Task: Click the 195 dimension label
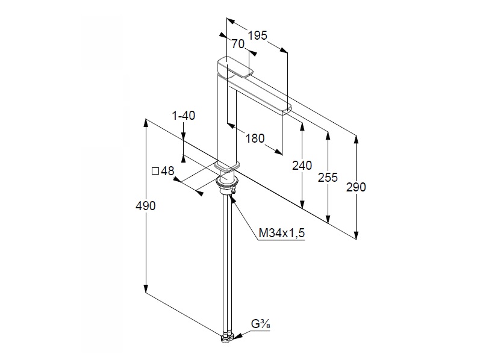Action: pyautogui.click(x=257, y=36)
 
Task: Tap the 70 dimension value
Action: pyautogui.click(x=238, y=44)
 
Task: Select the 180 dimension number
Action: pyautogui.click(x=255, y=138)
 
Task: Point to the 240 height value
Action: pyautogui.click(x=302, y=166)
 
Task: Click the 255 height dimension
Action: pyautogui.click(x=328, y=178)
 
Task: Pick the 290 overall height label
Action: pyautogui.click(x=356, y=187)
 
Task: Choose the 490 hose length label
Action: pyautogui.click(x=145, y=206)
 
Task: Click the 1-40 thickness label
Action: pyautogui.click(x=183, y=116)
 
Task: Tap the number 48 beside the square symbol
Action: pyautogui.click(x=167, y=171)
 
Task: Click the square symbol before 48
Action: pyautogui.click(x=155, y=171)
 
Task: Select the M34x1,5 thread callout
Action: pyautogui.click(x=282, y=233)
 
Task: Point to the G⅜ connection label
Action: pyautogui.click(x=261, y=324)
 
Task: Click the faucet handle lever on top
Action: pyautogui.click(x=235, y=67)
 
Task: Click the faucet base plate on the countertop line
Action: pyautogui.click(x=227, y=166)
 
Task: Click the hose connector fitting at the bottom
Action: pyautogui.click(x=228, y=338)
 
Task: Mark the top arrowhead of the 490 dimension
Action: pyautogui.click(x=146, y=123)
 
